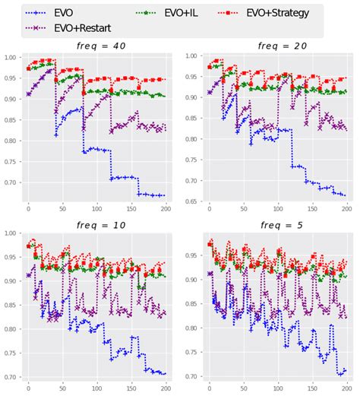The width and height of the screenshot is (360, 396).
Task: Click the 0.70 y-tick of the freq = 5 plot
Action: (193, 376)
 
